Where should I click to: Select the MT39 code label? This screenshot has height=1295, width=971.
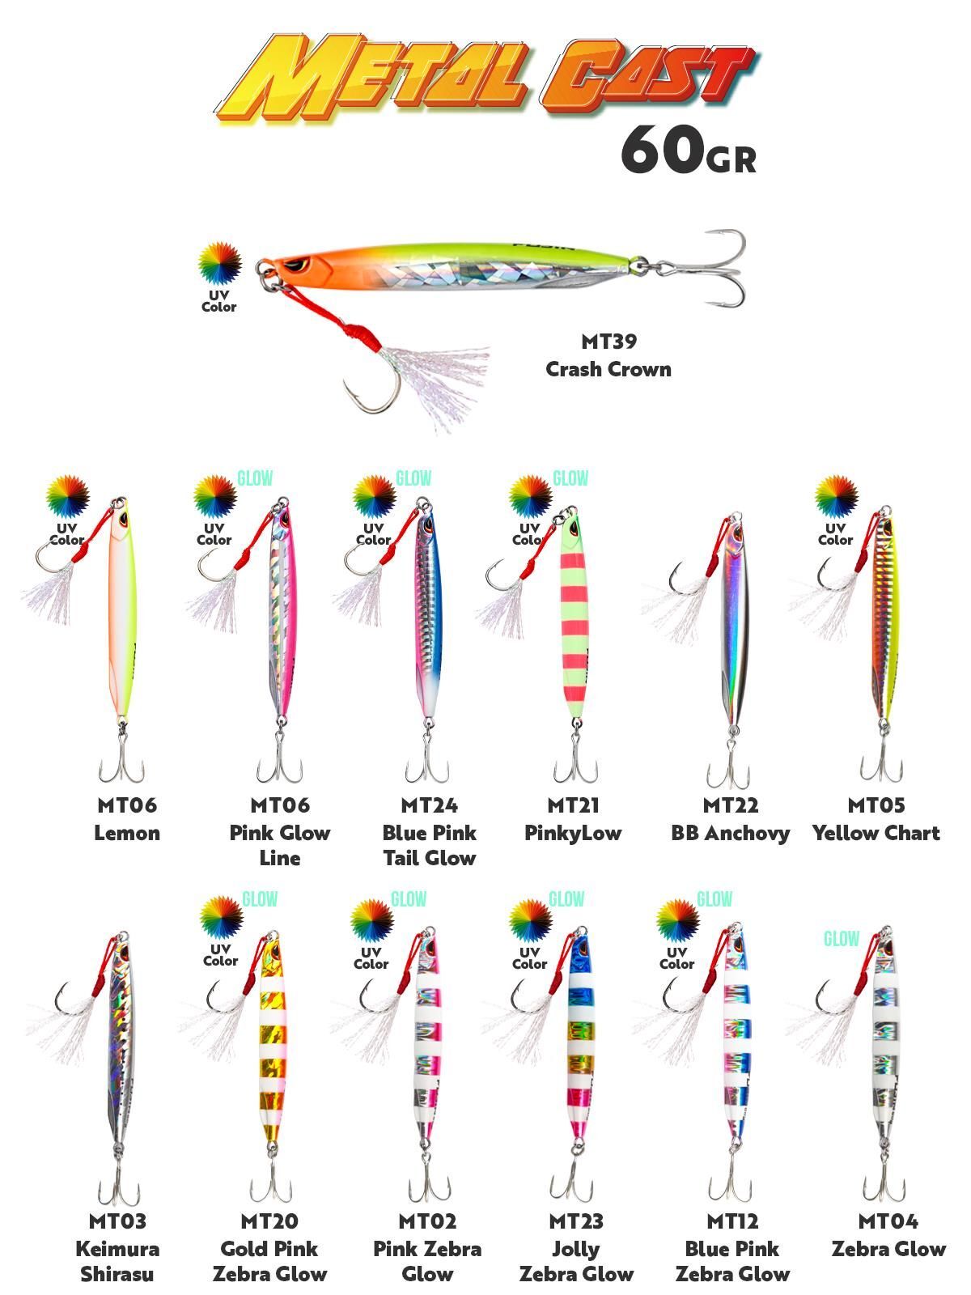pyautogui.click(x=608, y=342)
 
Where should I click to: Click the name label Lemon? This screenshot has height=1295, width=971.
pyautogui.click(x=127, y=833)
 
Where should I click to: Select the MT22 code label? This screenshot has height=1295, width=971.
pyautogui.click(x=730, y=805)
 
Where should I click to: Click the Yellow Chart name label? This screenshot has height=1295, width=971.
pyautogui.click(x=876, y=833)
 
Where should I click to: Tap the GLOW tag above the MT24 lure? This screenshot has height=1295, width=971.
pyautogui.click(x=413, y=478)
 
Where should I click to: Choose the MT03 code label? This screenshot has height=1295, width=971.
pyautogui.click(x=117, y=1221)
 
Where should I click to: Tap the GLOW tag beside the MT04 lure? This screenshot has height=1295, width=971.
pyautogui.click(x=842, y=939)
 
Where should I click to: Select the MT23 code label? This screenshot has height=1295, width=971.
pyautogui.click(x=576, y=1221)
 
